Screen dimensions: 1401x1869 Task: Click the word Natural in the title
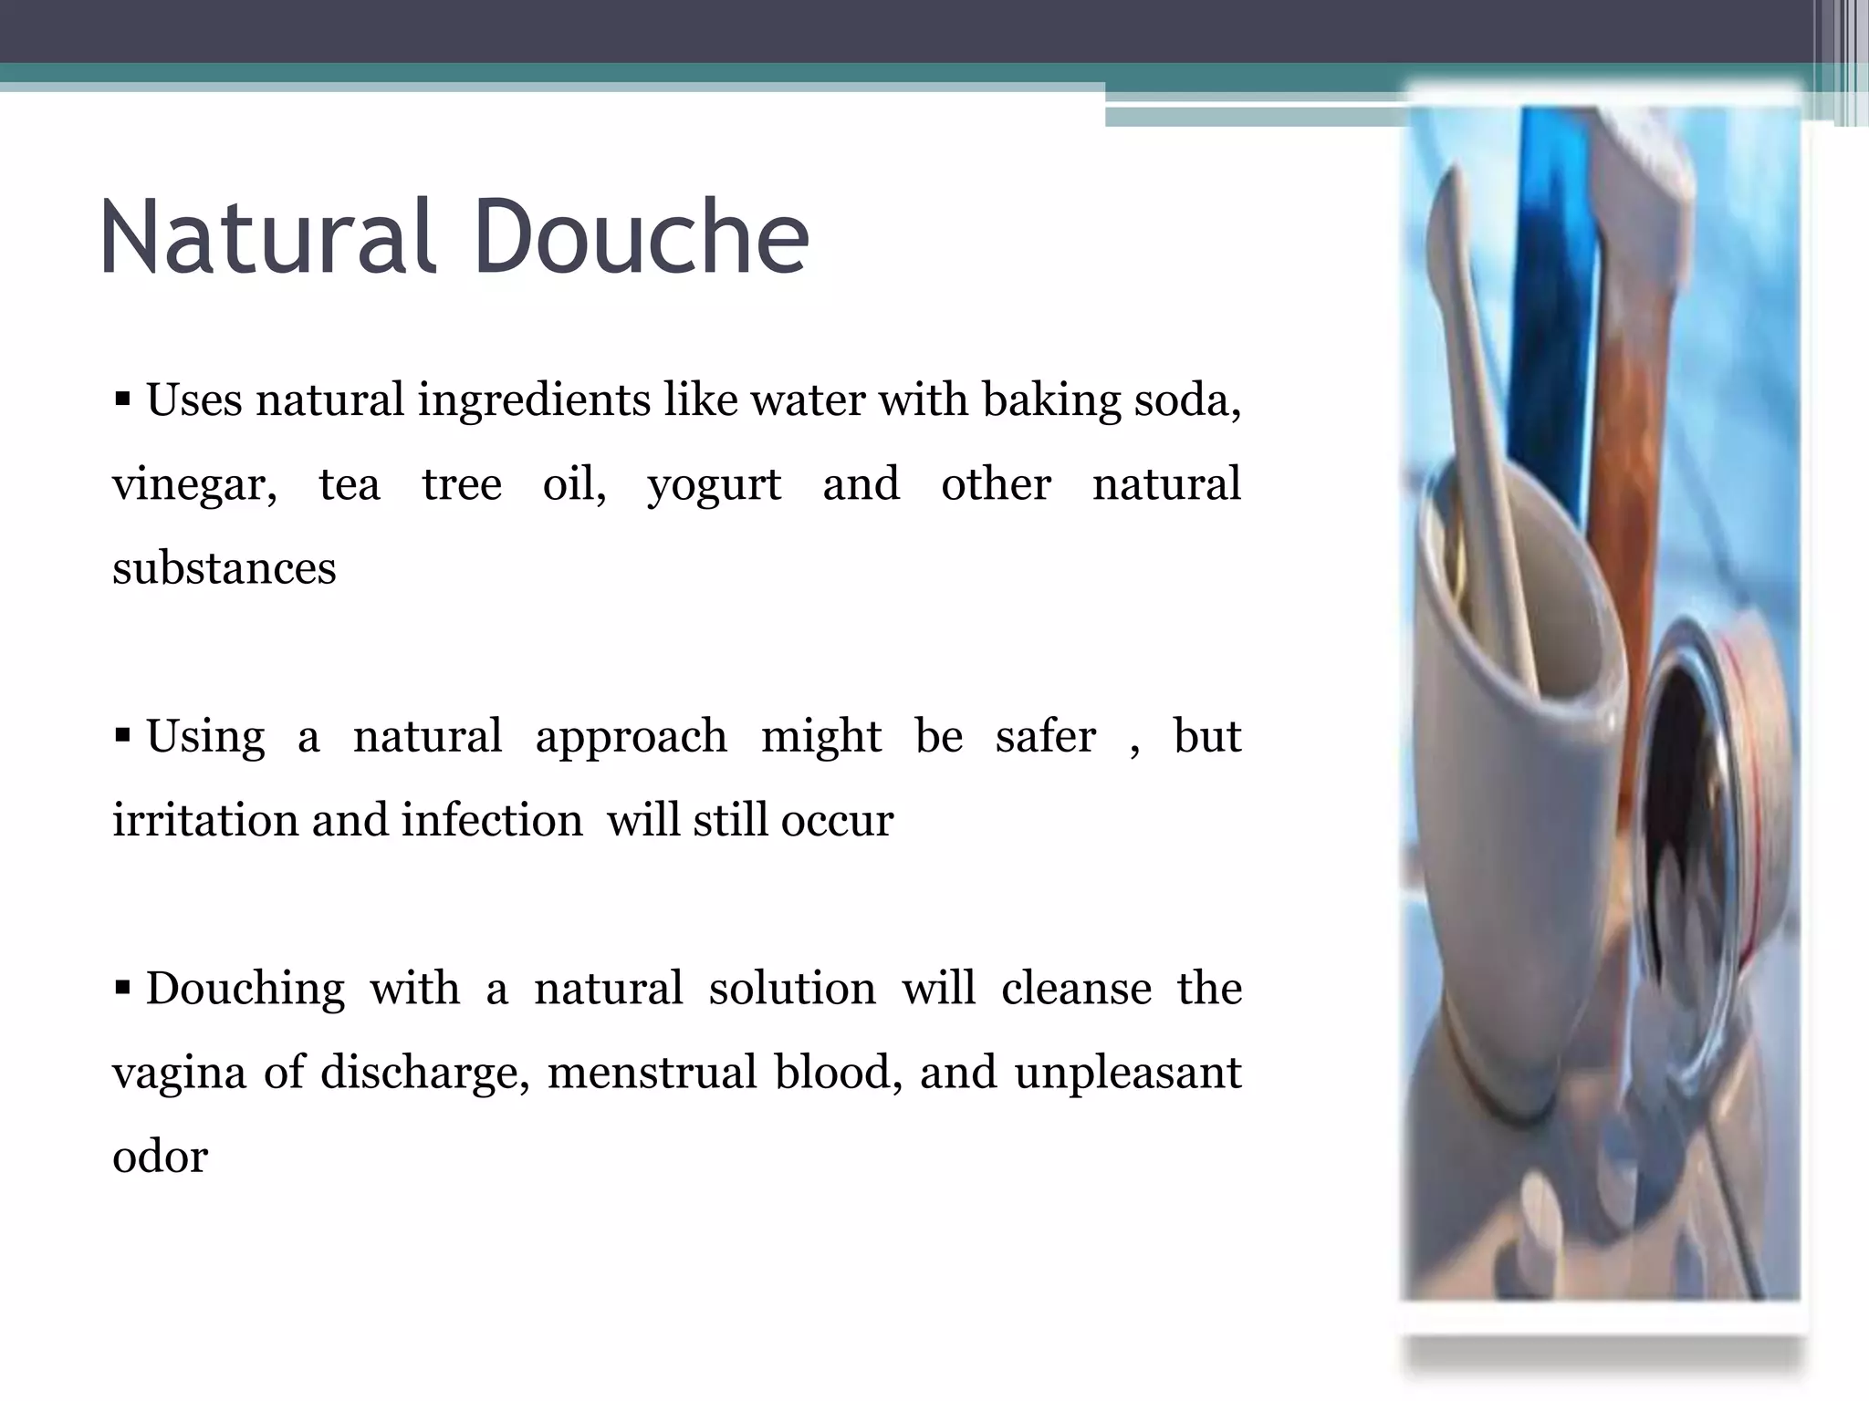[266, 236]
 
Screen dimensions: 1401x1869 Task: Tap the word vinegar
[194, 485]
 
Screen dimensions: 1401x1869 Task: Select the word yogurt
[714, 485]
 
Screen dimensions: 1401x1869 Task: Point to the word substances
[224, 568]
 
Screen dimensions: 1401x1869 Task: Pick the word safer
[1045, 736]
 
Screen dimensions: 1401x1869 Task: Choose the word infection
[492, 820]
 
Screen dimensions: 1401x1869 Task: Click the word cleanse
[1076, 989]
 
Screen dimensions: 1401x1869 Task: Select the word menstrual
[652, 1073]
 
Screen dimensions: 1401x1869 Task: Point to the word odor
[161, 1157]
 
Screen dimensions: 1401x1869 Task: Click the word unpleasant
[1127, 1073]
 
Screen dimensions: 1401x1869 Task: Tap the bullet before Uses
[123, 399]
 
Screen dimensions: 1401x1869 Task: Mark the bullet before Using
[123, 734]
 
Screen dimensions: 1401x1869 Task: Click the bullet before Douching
[123, 987]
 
